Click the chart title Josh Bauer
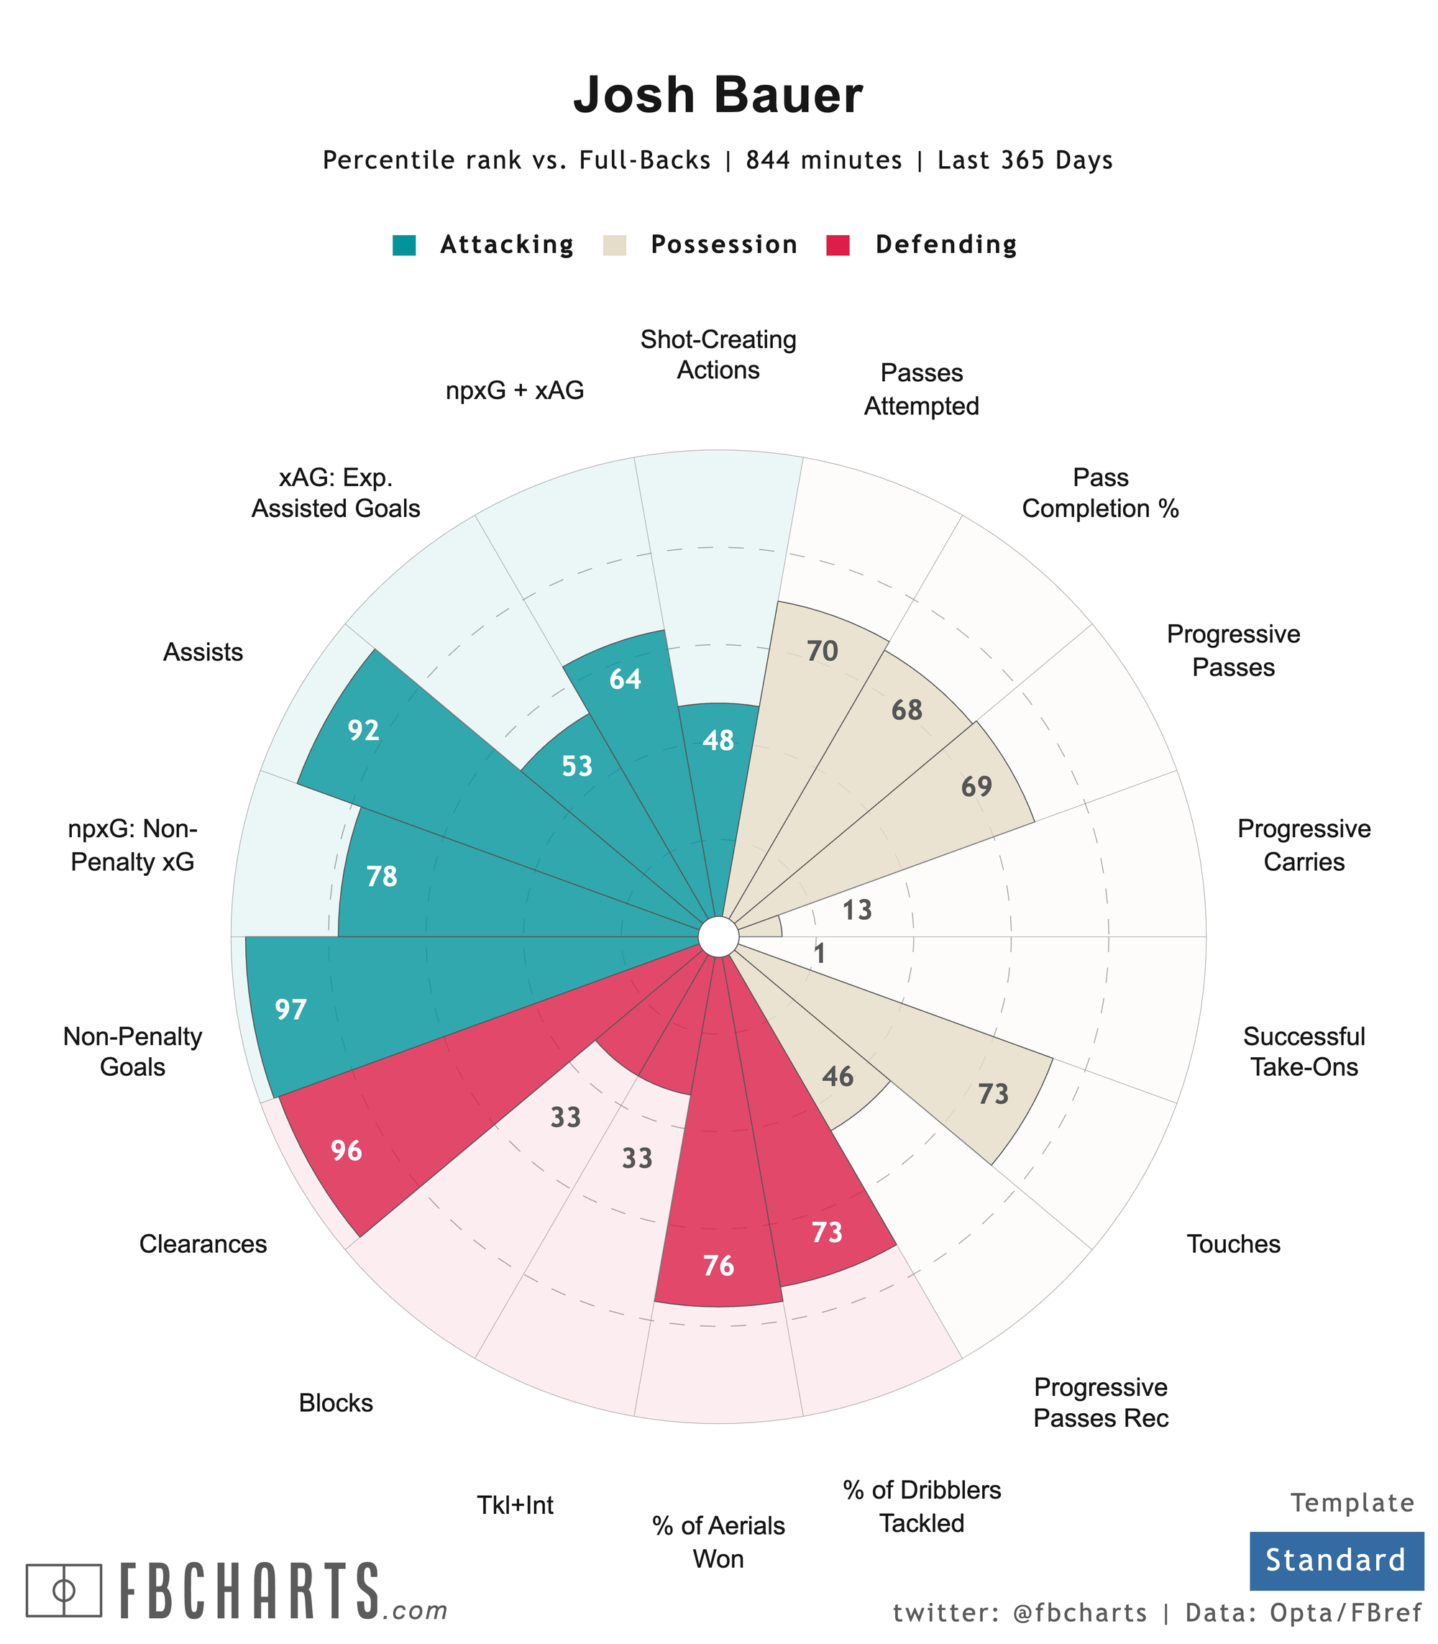click(x=718, y=96)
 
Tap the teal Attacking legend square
click(x=404, y=245)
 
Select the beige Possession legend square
click(x=614, y=245)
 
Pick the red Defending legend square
click(x=838, y=245)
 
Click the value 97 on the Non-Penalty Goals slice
click(x=290, y=1009)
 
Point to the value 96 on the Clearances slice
click(x=347, y=1151)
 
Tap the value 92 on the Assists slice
click(x=364, y=731)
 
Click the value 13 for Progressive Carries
click(x=857, y=910)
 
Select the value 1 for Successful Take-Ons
click(x=820, y=954)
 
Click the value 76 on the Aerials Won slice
click(x=718, y=1266)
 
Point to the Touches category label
click(x=1232, y=1244)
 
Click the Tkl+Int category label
click(x=516, y=1505)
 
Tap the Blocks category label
click(x=336, y=1403)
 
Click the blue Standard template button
click(x=1335, y=1560)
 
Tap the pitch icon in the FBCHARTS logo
click(x=64, y=1590)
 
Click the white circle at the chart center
click(x=718, y=936)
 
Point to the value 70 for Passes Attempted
click(x=823, y=651)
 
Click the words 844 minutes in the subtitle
click(x=823, y=160)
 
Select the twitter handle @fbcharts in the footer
click(x=1080, y=1612)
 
